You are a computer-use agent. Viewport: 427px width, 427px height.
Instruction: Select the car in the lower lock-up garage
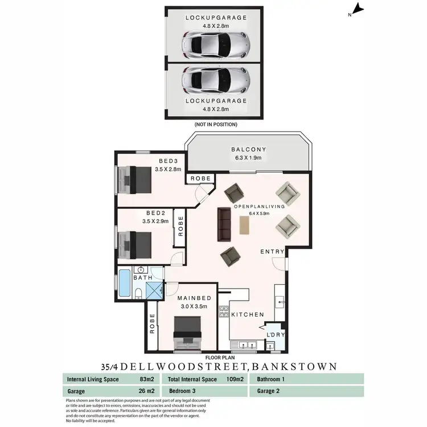[216, 81]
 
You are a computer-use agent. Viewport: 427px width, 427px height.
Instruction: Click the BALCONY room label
[249, 150]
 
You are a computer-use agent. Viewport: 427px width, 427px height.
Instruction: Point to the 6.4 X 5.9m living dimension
[266, 214]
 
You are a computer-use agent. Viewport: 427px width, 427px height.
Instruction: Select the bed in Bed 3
[135, 179]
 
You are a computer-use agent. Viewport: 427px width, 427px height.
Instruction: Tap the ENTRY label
[272, 251]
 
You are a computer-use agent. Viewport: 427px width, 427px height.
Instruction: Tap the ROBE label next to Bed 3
[201, 179]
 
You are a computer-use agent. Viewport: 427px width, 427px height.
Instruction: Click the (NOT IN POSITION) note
[216, 124]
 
